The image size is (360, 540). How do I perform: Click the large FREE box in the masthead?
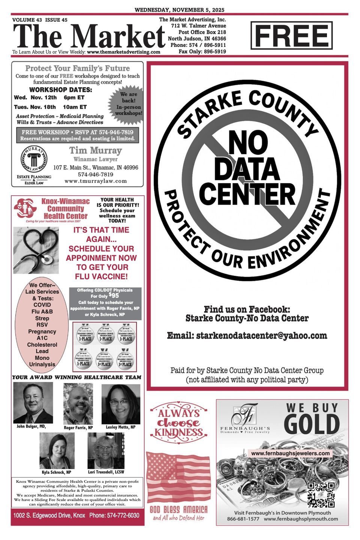pyautogui.click(x=291, y=36)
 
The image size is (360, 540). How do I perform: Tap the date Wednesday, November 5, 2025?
pyautogui.click(x=180, y=10)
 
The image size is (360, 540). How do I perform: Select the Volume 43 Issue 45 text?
pyautogui.click(x=40, y=20)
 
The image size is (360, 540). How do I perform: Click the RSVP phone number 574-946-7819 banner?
pyautogui.click(x=78, y=135)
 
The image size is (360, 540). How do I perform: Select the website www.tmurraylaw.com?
pyautogui.click(x=96, y=181)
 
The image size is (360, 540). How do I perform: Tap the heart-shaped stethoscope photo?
pyautogui.click(x=36, y=250)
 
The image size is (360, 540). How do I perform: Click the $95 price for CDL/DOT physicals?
pyautogui.click(x=114, y=295)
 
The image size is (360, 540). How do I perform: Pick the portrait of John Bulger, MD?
pyautogui.click(x=33, y=403)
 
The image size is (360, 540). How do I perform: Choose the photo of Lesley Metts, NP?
pyautogui.click(x=121, y=404)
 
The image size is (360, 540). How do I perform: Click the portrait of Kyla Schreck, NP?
pyautogui.click(x=57, y=451)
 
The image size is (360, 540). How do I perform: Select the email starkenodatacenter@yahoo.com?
pyautogui.click(x=247, y=336)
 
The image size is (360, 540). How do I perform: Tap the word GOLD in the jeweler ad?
pyautogui.click(x=312, y=424)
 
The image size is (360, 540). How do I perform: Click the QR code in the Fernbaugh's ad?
pyautogui.click(x=321, y=494)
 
